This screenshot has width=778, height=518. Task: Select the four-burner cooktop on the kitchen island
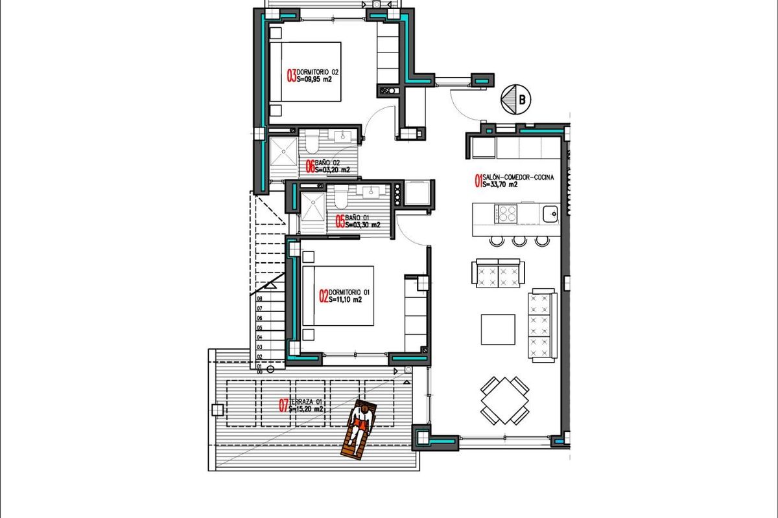506,213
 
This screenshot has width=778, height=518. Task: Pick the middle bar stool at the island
519,241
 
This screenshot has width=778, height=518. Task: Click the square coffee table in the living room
498,330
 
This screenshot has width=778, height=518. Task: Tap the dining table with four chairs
504,400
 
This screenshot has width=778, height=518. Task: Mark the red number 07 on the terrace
283,406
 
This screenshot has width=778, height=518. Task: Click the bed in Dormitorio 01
338,296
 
